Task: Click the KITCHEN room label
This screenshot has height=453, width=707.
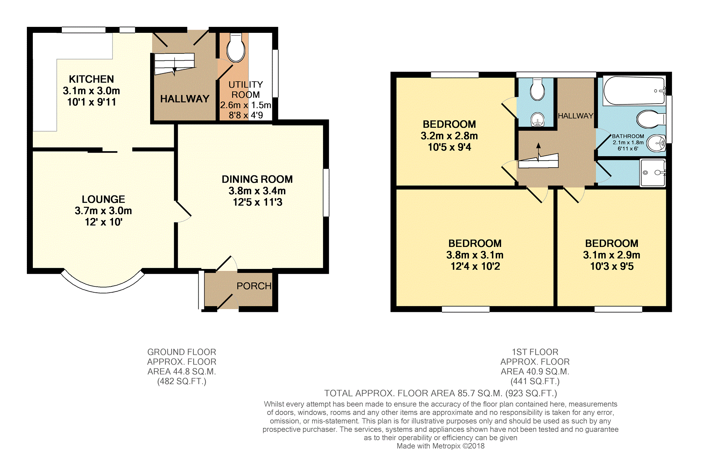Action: (91, 79)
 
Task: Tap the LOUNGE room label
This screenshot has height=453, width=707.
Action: (103, 199)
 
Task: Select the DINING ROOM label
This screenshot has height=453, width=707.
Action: (257, 180)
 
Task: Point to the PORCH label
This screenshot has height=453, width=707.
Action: (254, 286)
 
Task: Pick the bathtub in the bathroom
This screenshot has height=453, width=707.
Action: (634, 90)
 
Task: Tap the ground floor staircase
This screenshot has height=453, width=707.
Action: (174, 64)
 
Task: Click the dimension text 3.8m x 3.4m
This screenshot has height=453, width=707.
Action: (257, 191)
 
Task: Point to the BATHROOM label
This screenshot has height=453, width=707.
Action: (628, 136)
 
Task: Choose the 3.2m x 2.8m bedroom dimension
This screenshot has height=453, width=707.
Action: (449, 136)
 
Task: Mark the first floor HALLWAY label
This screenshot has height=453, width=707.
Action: (575, 116)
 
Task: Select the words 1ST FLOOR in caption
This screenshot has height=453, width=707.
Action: (535, 352)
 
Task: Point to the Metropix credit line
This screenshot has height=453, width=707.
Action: (441, 446)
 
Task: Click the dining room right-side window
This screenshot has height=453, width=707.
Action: (326, 193)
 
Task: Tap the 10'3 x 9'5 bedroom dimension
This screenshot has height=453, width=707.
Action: (612, 266)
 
